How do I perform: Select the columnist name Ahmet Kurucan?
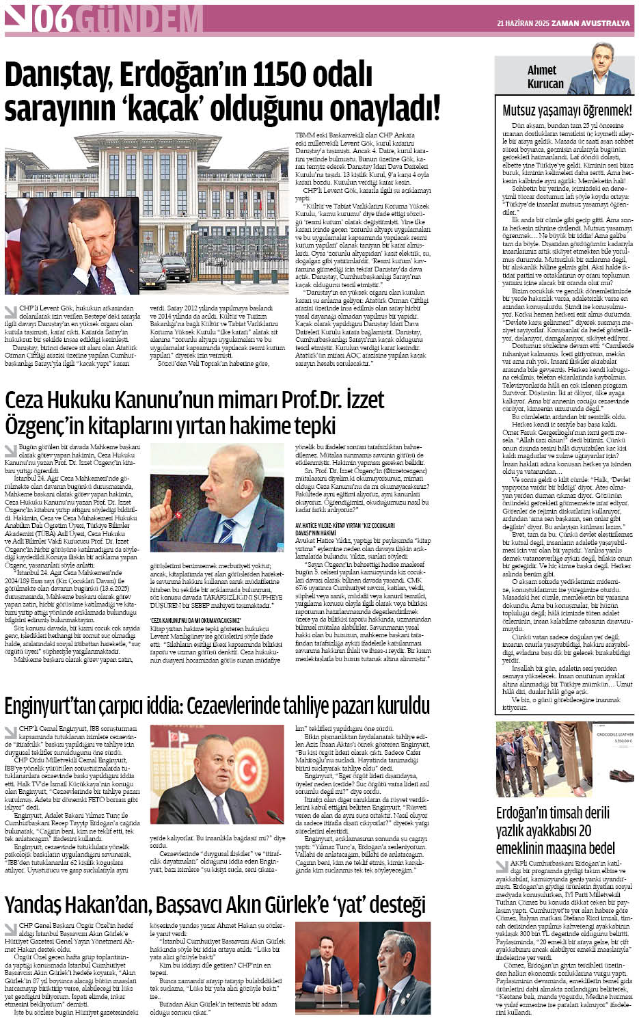(545, 77)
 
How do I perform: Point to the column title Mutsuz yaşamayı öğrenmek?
(567, 109)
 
